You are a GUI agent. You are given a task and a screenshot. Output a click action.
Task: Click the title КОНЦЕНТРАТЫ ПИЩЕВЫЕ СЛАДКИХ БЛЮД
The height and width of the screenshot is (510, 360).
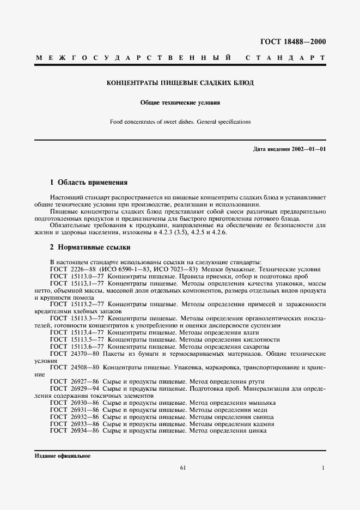(180, 83)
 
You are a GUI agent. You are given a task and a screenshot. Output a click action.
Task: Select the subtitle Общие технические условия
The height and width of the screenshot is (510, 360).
(180, 102)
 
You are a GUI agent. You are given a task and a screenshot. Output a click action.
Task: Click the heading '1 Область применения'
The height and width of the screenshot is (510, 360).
(89, 183)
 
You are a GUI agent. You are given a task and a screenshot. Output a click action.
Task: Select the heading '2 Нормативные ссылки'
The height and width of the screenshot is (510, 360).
(87, 247)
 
